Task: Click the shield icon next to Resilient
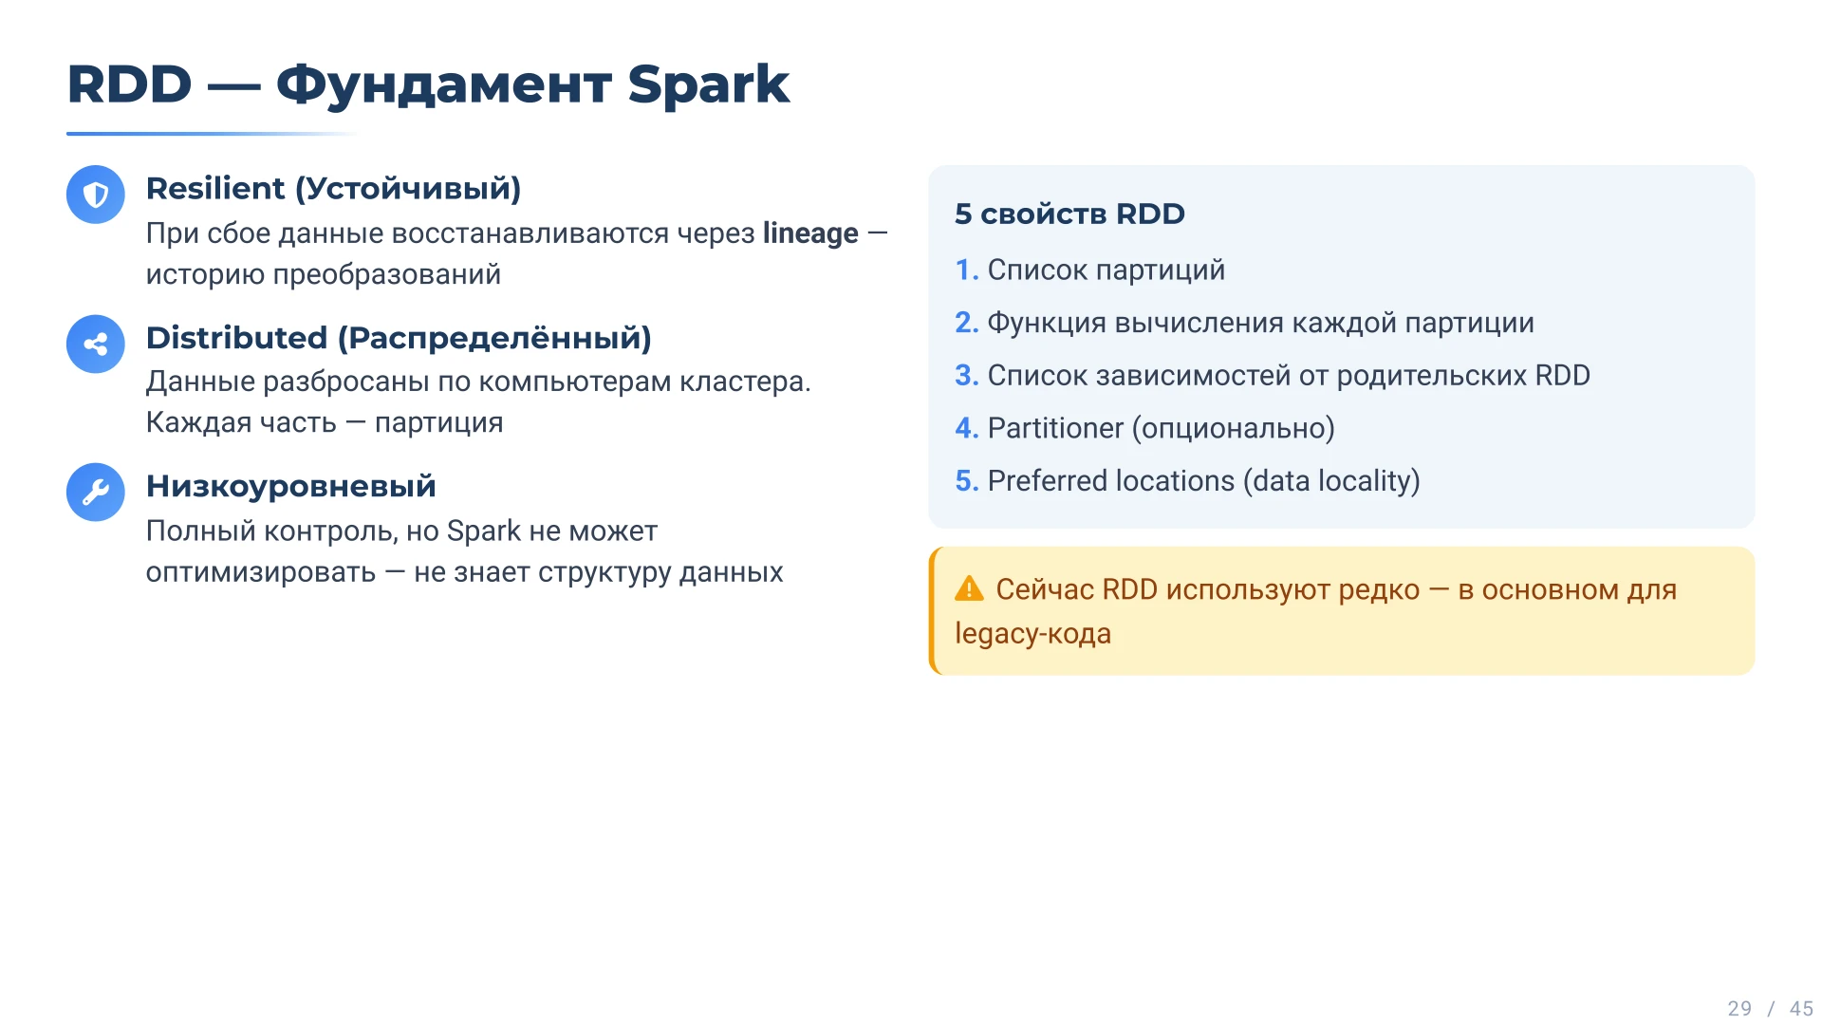click(x=96, y=195)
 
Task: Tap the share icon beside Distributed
click(x=96, y=344)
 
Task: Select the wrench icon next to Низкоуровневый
click(x=96, y=492)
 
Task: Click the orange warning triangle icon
click(x=969, y=588)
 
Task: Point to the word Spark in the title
click(x=708, y=85)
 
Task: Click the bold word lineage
click(x=810, y=233)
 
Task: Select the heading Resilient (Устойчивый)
click(x=334, y=189)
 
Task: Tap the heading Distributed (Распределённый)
click(x=399, y=338)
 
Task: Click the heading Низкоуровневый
click(x=291, y=486)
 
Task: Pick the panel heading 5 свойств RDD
click(x=1069, y=214)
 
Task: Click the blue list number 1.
click(x=966, y=270)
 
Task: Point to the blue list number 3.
click(x=966, y=376)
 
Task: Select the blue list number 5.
click(x=966, y=481)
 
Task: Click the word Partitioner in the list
click(x=1055, y=428)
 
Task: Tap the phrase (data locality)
click(x=1331, y=481)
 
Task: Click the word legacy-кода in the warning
click(x=1032, y=634)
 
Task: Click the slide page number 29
click(x=1739, y=1009)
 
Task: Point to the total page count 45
click(x=1801, y=1009)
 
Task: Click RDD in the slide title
click(x=129, y=84)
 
